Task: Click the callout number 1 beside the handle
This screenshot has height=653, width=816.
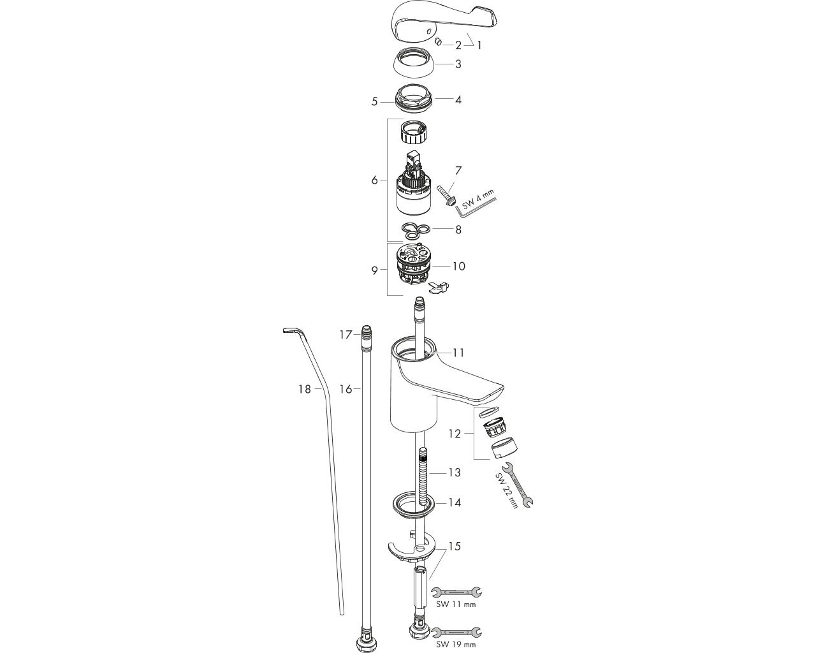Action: tap(479, 45)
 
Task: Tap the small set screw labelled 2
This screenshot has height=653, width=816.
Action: tap(439, 41)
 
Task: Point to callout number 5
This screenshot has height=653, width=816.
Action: tap(374, 101)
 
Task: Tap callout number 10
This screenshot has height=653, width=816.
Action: tap(459, 267)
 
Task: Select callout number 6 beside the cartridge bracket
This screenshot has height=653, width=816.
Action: tap(374, 180)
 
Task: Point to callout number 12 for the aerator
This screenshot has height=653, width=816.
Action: tap(455, 434)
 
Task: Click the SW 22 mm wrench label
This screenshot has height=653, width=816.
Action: tap(507, 490)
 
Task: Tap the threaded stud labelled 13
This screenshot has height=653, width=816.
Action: tap(423, 476)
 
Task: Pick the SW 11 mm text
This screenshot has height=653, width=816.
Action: tap(455, 605)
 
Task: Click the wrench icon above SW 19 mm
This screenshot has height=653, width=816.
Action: tap(457, 632)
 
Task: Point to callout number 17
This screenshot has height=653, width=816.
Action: tap(346, 335)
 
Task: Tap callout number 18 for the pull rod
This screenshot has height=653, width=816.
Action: tap(305, 389)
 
